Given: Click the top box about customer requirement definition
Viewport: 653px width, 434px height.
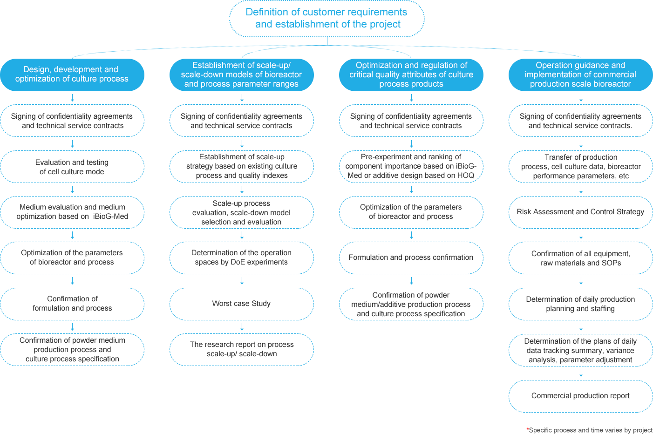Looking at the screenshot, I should [327, 19].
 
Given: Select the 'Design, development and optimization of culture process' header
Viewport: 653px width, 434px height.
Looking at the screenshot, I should [71, 75].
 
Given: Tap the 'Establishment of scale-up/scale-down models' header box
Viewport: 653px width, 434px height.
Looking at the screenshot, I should [241, 75].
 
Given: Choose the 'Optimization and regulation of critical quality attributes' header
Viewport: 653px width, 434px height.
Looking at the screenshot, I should [411, 75].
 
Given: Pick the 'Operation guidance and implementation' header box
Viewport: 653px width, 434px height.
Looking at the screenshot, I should [580, 75].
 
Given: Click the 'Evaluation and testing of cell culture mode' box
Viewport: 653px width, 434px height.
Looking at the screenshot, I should [71, 167].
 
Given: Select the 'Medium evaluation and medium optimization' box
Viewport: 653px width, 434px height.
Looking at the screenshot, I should [71, 212].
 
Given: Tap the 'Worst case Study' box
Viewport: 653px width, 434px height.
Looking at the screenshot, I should [241, 304].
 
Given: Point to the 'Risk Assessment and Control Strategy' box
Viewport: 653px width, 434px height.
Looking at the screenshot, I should [580, 212].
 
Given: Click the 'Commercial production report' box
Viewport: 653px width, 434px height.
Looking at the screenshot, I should [580, 396].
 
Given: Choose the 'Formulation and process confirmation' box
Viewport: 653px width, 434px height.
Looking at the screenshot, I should [411, 258].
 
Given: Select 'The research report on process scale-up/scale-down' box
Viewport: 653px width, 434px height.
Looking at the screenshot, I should [241, 349].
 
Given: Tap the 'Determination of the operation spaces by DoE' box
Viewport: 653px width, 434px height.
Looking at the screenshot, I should [241, 258].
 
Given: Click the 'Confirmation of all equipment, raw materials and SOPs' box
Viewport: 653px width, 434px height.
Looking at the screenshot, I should [580, 258].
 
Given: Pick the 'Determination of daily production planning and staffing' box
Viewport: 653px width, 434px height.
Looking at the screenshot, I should [580, 304].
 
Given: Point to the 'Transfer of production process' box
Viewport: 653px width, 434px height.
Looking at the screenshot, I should [580, 167].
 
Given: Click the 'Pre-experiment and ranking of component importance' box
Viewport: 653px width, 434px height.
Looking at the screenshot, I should [411, 166].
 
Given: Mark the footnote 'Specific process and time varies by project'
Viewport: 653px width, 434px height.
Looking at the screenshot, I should [590, 430].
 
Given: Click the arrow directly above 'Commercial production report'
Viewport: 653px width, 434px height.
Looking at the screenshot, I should [581, 373].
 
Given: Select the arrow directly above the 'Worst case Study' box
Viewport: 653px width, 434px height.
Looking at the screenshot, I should [242, 281].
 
